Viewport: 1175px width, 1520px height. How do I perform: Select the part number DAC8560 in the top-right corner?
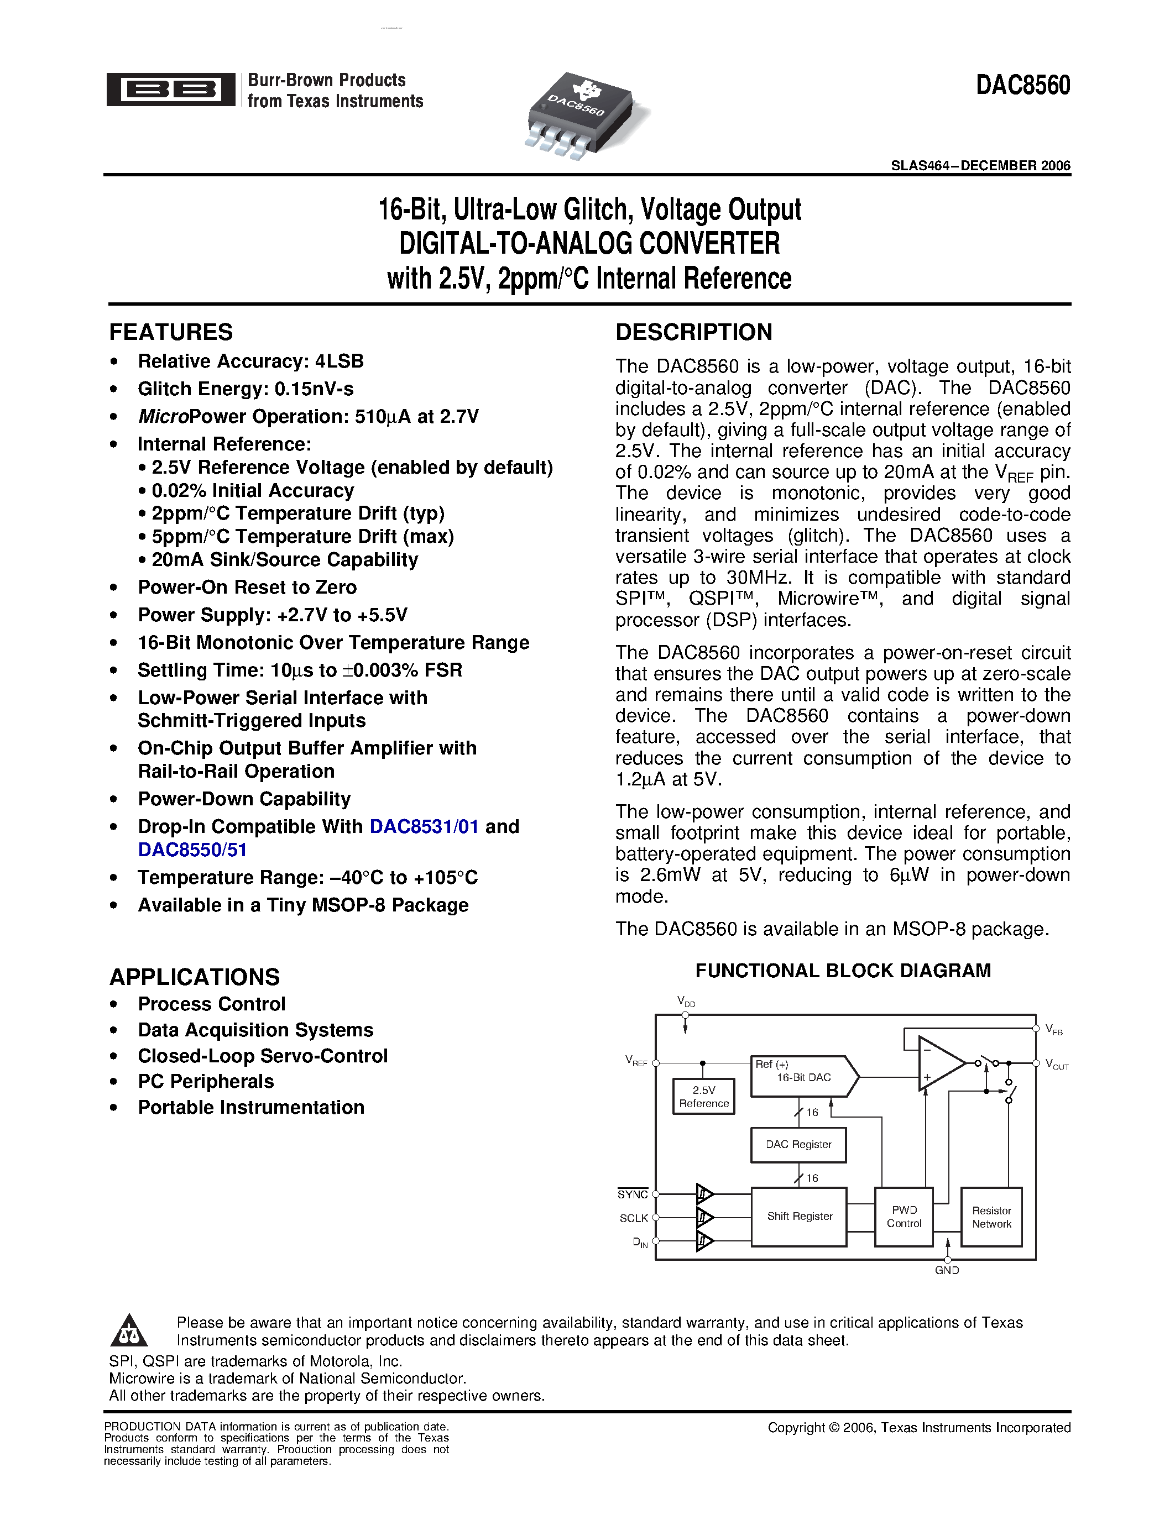point(1022,85)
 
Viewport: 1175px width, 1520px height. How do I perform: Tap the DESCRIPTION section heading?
point(693,332)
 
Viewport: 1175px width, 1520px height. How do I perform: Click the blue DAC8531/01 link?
point(424,826)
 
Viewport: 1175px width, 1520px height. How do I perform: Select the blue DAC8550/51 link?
point(192,850)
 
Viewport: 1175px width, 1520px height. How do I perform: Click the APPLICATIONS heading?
point(194,977)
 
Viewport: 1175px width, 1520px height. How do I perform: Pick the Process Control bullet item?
point(212,1004)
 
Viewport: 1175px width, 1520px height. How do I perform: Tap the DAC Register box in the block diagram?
point(798,1144)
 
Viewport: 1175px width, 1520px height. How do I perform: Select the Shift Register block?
point(799,1216)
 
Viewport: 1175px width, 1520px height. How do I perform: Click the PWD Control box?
point(904,1216)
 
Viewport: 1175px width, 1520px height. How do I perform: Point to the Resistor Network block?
point(991,1217)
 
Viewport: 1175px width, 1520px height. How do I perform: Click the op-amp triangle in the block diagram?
point(938,1063)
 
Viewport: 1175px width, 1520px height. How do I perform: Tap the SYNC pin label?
point(632,1194)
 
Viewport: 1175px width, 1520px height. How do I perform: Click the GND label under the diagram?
point(947,1270)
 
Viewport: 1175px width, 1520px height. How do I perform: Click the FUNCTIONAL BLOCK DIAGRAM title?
point(843,971)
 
